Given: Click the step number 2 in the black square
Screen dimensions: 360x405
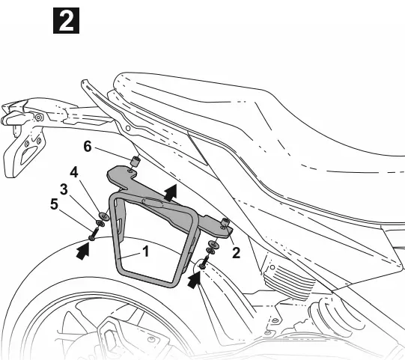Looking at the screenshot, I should click(67, 19).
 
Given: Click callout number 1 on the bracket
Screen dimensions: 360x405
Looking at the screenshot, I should click(146, 251).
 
